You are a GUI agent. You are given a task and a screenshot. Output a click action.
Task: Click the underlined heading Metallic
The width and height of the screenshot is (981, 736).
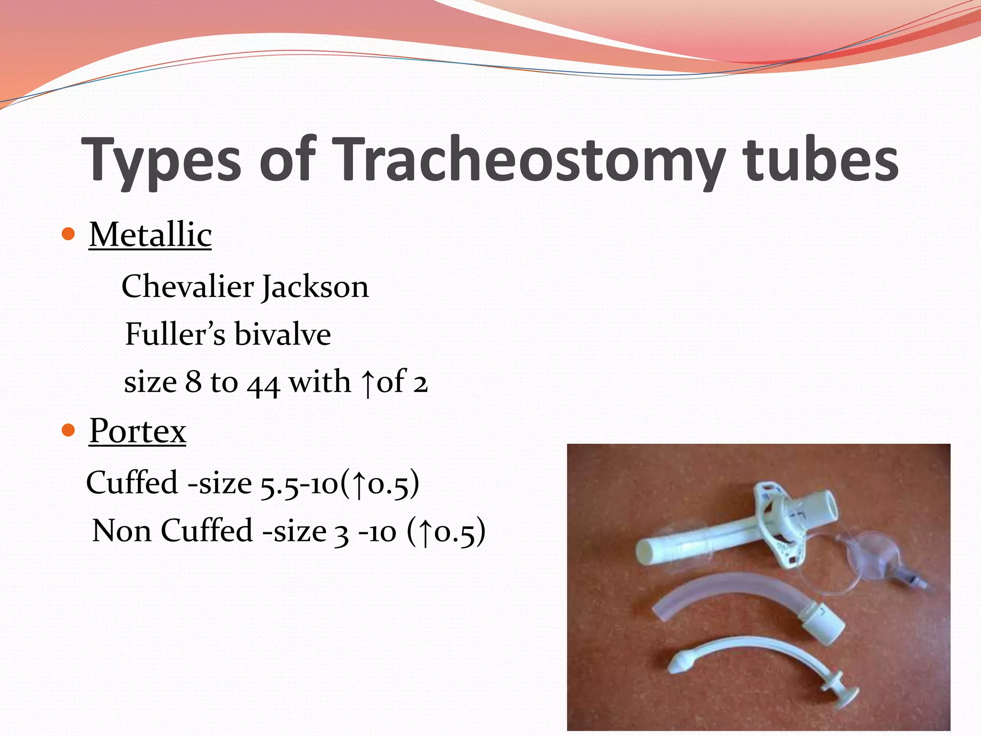click(150, 235)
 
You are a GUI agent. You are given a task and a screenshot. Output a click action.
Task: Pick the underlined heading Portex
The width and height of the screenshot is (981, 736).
click(137, 430)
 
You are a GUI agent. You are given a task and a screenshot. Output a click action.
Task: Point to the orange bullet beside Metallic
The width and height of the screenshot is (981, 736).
click(69, 234)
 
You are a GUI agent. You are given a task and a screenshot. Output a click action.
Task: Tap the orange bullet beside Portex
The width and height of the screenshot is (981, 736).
click(69, 430)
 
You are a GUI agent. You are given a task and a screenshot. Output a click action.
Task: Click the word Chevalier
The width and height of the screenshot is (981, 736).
click(187, 287)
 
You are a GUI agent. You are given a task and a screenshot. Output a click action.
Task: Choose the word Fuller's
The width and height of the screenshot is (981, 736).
click(175, 334)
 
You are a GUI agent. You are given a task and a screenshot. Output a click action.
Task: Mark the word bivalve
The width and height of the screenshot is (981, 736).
click(283, 334)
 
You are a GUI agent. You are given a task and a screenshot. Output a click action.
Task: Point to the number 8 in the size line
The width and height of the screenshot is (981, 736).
click(193, 382)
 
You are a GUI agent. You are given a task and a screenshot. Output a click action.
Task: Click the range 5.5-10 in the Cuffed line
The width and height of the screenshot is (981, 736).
click(299, 483)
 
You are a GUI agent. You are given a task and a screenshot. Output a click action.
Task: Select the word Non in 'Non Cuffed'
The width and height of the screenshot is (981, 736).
click(122, 531)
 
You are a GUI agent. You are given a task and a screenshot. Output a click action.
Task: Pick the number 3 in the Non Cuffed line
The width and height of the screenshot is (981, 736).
click(341, 533)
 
